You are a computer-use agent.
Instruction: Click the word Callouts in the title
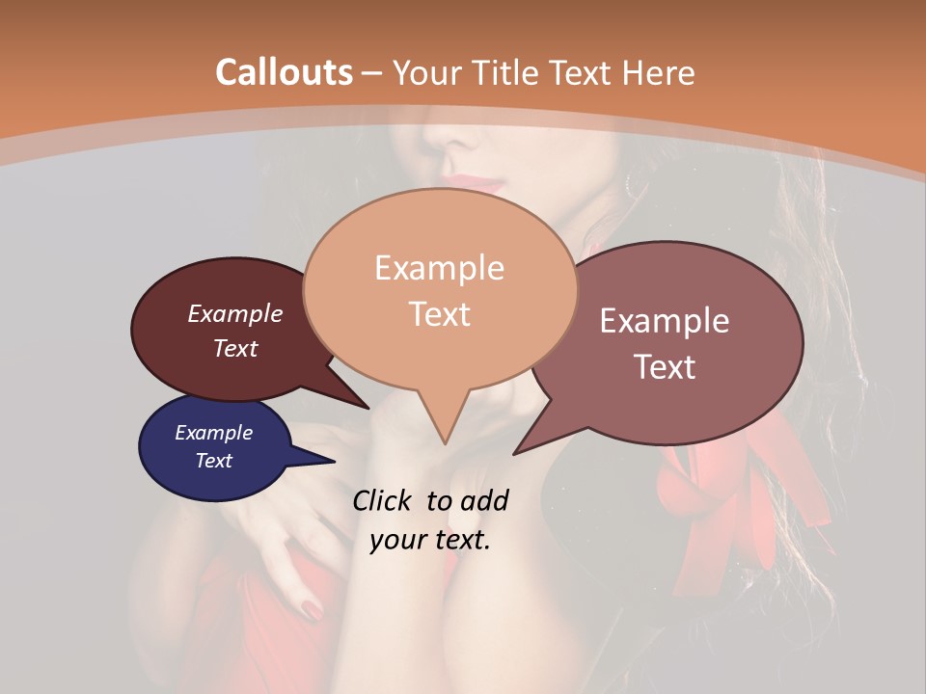point(284,72)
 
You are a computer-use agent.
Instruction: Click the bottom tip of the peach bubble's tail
point(445,442)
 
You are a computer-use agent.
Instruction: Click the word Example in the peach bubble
point(439,268)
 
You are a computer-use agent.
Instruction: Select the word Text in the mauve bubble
point(666,367)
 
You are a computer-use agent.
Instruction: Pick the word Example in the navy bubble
point(213,433)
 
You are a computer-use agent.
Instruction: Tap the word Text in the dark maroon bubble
point(235,348)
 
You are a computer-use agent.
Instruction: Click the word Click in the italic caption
point(383,500)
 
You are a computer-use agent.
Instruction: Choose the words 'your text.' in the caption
point(430,540)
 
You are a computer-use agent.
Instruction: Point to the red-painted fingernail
point(313,609)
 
